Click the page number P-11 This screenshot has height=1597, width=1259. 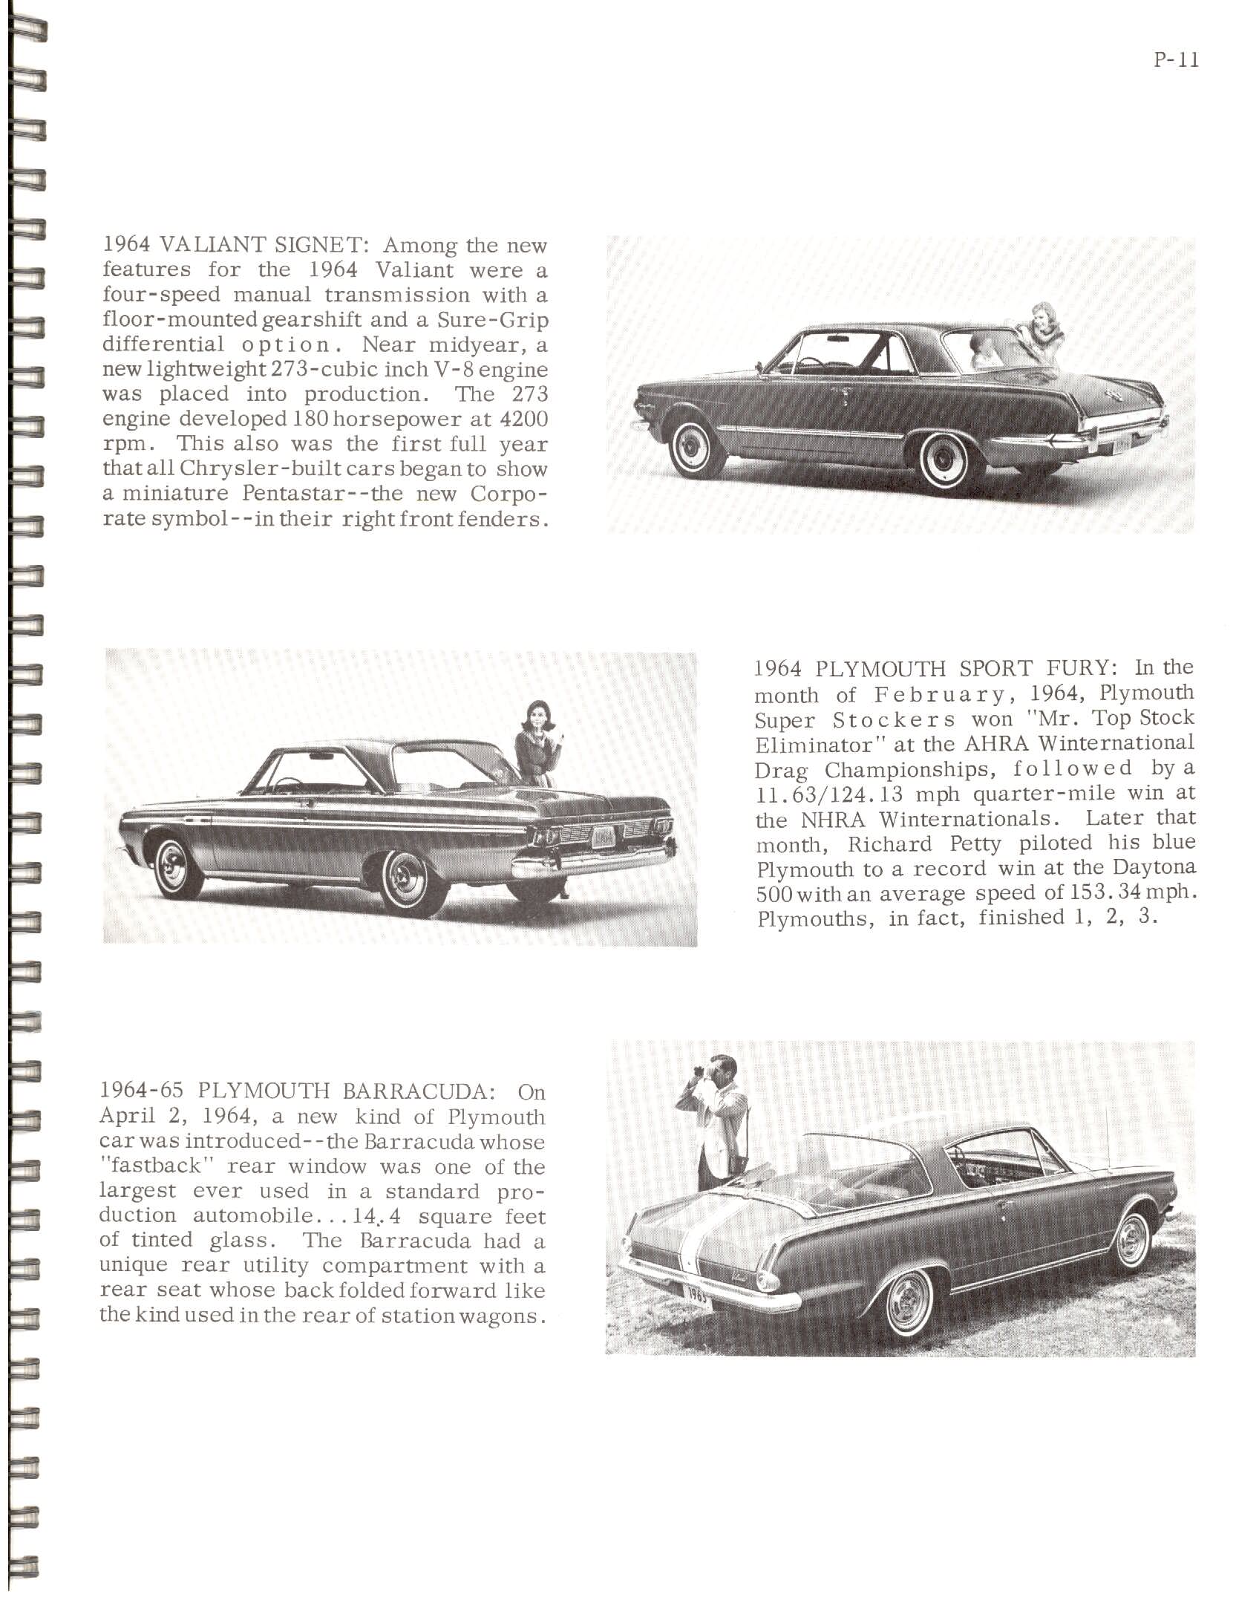pos(1177,60)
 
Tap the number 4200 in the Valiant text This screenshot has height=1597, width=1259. pos(524,419)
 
